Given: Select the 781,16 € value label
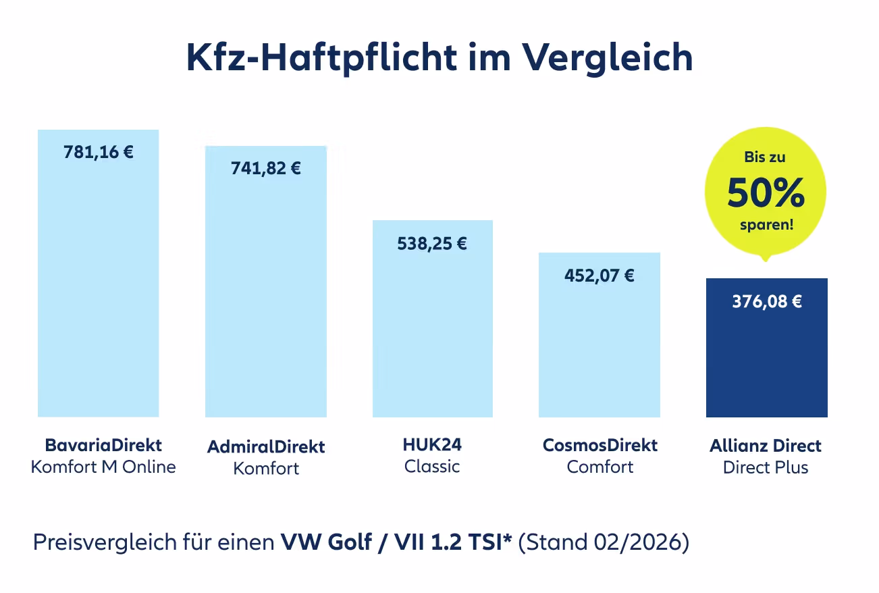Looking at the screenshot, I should pos(99,152).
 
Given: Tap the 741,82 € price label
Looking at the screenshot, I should pos(266,168).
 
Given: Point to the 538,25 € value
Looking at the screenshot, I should pos(432,243).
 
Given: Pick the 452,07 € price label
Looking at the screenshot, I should pos(600,276).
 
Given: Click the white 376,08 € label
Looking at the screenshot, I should pos(767,301).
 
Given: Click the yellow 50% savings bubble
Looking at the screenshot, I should pos(766,192).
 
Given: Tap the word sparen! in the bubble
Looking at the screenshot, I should pos(766,225).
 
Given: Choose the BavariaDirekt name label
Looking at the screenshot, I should pos(103,446).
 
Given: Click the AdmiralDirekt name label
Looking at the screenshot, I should pos(266,447).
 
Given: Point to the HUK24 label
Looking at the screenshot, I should pos(432,446).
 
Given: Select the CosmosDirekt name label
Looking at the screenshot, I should pos(600,446).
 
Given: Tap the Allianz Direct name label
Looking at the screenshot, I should pos(766,446).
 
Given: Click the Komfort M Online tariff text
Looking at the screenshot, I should pos(103,467).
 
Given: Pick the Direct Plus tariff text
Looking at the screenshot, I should pos(766,467).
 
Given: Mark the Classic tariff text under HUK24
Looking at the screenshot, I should pos(432,467).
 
